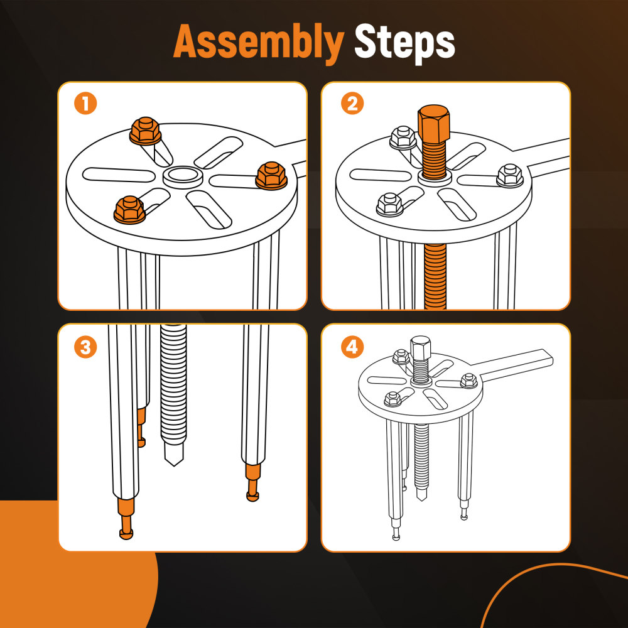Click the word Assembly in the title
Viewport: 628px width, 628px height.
click(259, 42)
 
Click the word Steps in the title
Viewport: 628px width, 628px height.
click(404, 43)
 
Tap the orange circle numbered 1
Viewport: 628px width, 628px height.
click(85, 104)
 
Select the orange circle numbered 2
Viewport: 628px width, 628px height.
click(352, 104)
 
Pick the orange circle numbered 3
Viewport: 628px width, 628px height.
click(85, 347)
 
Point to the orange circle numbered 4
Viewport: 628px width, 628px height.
click(352, 347)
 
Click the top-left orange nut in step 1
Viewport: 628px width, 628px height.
click(146, 131)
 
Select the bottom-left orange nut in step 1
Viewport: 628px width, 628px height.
click(129, 210)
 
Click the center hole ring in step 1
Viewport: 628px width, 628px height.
click(183, 177)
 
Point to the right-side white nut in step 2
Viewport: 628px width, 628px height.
click(510, 176)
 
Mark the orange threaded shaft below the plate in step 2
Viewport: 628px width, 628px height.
click(435, 276)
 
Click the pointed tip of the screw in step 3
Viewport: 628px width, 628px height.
click(174, 464)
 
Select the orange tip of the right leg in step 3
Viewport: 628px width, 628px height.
click(252, 482)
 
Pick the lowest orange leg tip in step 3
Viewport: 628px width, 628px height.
click(126, 519)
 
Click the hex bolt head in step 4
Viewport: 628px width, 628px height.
click(421, 347)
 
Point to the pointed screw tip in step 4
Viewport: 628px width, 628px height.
click(421, 498)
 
